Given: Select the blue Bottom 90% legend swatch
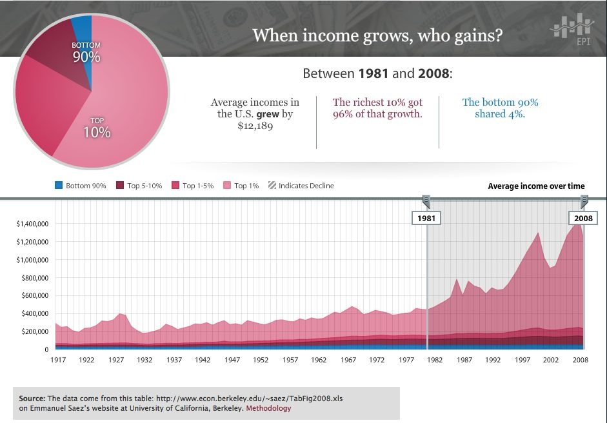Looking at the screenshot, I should point(59,186).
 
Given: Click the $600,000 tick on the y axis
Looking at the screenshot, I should point(32,296).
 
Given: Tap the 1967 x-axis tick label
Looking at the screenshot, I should point(348,360).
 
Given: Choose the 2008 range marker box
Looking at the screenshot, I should point(583,218).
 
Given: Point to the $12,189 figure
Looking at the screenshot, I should point(255,126).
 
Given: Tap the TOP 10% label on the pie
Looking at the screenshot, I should point(97,127).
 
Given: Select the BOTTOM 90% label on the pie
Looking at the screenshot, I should point(86,52).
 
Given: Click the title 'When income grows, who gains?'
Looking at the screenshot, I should point(377,35).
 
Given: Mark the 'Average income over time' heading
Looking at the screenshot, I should point(536,186).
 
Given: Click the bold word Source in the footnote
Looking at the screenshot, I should point(32,398).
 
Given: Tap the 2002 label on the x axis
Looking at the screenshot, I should point(550,360).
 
